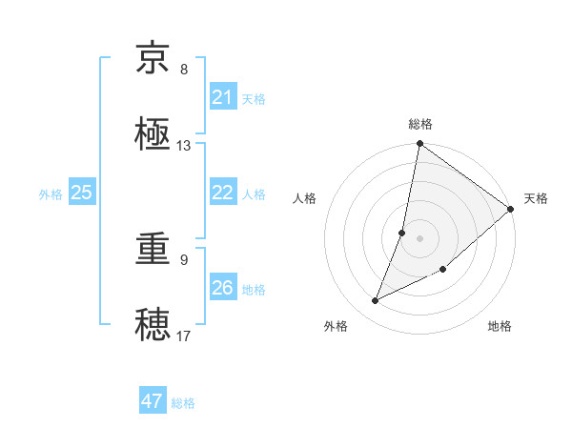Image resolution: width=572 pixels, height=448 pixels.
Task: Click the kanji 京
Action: point(154,59)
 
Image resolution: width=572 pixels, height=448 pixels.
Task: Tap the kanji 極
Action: point(154,134)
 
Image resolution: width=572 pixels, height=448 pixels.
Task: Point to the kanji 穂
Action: point(154,325)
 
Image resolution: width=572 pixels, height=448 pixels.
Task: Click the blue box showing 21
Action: point(223,97)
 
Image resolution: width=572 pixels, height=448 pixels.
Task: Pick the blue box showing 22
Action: point(223,193)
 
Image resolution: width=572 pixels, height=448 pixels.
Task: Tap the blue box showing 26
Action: point(223,288)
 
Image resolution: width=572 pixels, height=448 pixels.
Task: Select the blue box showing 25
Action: point(82,193)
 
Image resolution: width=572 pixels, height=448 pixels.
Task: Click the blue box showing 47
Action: point(153,401)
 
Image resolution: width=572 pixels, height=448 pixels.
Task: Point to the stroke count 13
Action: point(184,146)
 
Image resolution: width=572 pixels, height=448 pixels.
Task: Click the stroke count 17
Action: point(184,336)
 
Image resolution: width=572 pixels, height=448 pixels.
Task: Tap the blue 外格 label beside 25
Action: point(51,193)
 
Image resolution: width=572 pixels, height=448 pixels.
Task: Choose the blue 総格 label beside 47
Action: point(183,402)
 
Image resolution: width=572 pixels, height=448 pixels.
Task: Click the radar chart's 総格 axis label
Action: point(420,124)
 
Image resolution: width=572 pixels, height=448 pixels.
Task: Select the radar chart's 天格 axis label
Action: point(536,198)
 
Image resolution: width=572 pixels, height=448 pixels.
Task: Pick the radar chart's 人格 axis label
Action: point(304,198)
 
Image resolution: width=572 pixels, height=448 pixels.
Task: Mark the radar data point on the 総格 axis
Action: point(419,145)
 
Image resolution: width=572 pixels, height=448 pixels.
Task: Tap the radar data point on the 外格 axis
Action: point(376,301)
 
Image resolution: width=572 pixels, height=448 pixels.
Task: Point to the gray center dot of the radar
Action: point(419,237)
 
